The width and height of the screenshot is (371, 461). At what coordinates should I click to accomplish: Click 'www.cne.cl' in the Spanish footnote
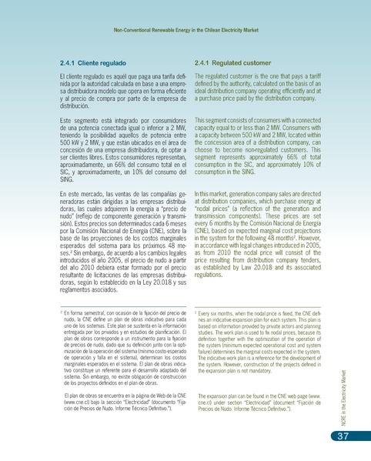click(x=81, y=403)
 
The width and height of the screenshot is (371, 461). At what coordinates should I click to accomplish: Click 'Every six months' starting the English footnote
click(x=221, y=315)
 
